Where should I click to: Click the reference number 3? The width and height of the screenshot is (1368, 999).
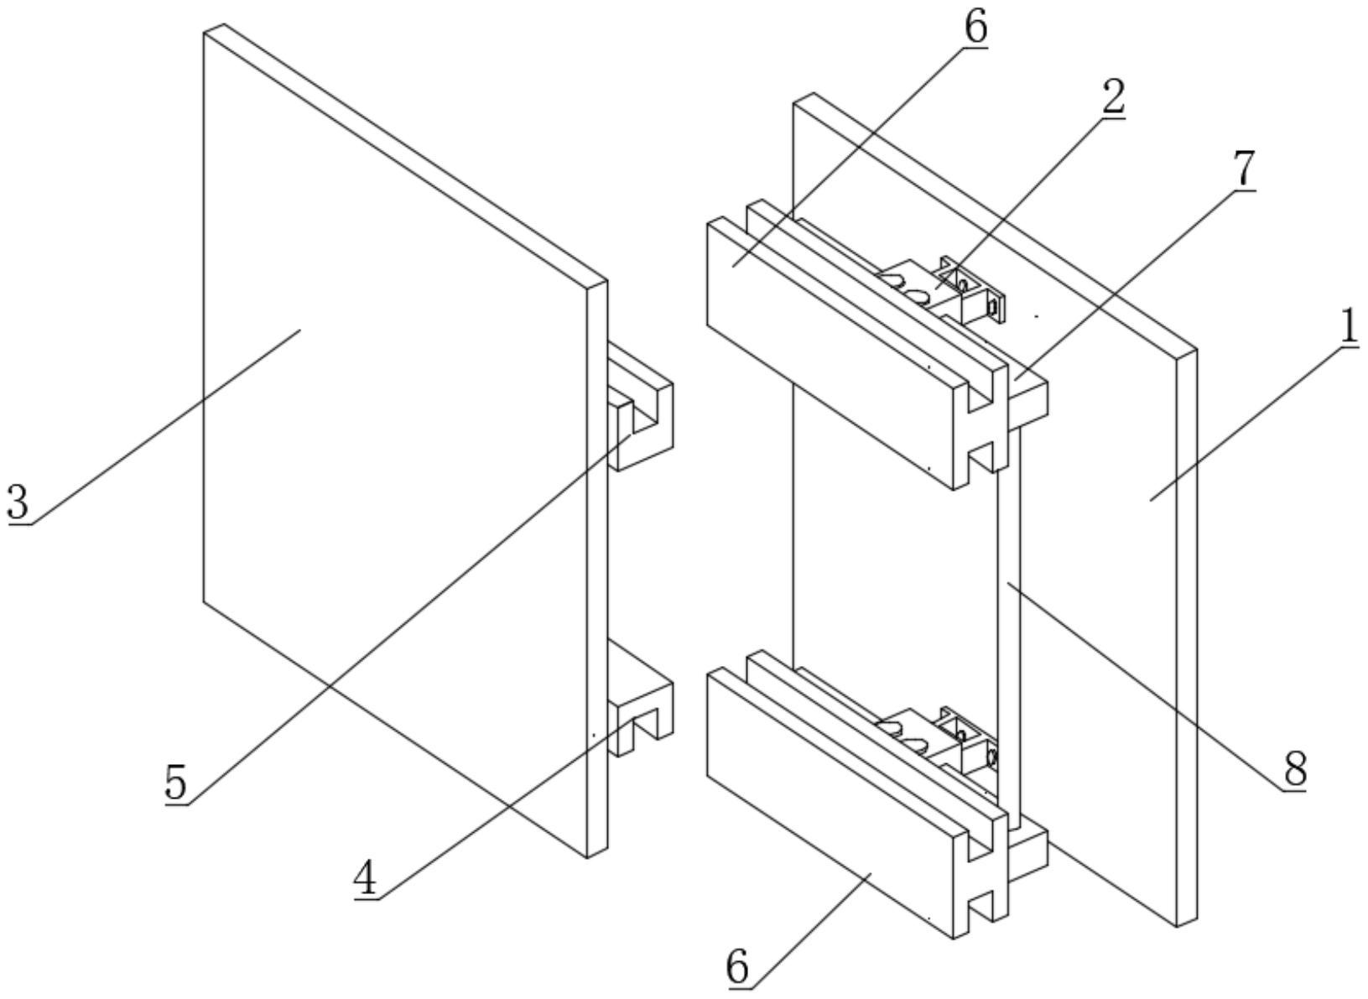(18, 502)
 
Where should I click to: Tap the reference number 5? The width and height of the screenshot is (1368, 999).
(176, 783)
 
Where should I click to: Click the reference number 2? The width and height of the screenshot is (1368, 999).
(1112, 98)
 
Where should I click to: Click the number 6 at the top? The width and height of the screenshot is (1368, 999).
(975, 27)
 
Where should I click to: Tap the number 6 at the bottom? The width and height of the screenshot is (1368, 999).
(737, 967)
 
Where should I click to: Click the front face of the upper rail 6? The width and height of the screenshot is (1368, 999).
(830, 352)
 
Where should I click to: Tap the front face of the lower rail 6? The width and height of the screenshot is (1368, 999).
(830, 801)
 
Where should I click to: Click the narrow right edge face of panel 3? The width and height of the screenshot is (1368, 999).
(596, 570)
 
